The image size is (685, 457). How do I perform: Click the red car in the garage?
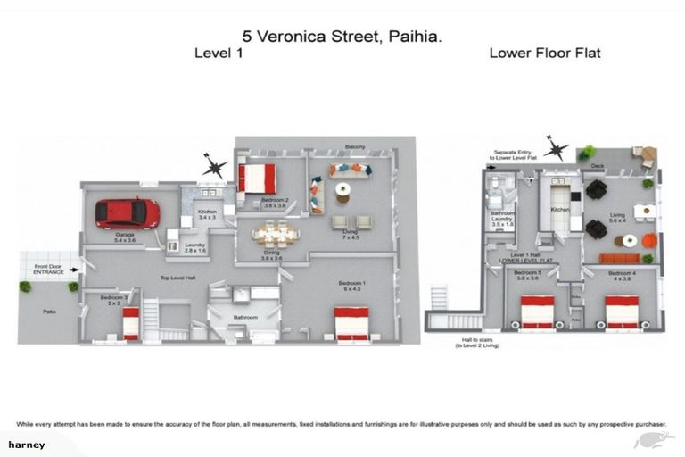(128, 212)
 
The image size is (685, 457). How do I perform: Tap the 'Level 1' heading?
(219, 54)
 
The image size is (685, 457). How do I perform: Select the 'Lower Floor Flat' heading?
(544, 54)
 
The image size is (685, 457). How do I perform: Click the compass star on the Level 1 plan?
(214, 165)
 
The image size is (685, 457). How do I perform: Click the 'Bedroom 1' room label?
(351, 285)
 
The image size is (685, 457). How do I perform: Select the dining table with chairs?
(276, 235)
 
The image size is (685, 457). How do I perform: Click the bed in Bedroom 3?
(131, 323)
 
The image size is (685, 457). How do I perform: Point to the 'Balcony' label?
(355, 146)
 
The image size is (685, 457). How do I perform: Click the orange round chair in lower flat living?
(649, 240)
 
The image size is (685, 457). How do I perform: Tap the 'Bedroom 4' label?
(621, 272)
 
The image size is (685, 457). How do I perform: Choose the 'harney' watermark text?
(27, 444)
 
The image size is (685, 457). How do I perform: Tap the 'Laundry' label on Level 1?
(194, 247)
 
